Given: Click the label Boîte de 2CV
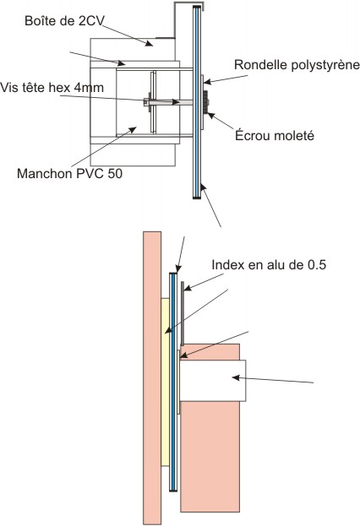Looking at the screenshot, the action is (64, 21).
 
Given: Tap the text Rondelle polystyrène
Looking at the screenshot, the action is (297, 65).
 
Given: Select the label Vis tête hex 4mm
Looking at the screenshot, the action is (52, 88).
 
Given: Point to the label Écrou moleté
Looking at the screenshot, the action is (275, 136).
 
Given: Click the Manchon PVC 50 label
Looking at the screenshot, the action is (69, 173).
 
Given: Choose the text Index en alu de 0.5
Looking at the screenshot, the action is (269, 264).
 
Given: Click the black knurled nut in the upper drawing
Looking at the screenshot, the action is (205, 102).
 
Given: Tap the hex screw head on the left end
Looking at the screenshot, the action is (145, 102).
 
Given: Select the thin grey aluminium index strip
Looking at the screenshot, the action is (183, 313).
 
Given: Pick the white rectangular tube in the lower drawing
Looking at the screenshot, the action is (213, 381).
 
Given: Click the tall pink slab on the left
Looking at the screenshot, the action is (152, 377).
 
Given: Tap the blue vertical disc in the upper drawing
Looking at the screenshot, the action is (197, 102).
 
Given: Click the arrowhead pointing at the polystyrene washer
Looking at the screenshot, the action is (207, 82).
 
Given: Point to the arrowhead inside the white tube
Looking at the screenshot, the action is (236, 377).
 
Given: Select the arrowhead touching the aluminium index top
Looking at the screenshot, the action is (188, 288).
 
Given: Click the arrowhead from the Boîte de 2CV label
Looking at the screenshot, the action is (148, 43).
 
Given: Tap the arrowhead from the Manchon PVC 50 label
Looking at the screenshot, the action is (134, 129).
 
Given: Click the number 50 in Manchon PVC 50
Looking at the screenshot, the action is (115, 173).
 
